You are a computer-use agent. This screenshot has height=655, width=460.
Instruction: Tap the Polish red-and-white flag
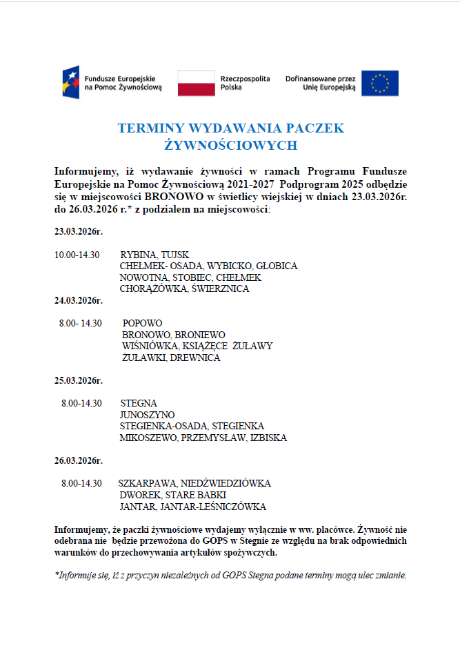pyautogui.click(x=196, y=83)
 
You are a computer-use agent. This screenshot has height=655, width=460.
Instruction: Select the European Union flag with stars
pyautogui.click(x=379, y=83)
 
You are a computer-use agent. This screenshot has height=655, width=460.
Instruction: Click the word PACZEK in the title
pyautogui.click(x=314, y=128)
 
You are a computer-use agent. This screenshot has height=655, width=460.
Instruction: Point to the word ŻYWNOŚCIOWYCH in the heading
pyautogui.click(x=231, y=145)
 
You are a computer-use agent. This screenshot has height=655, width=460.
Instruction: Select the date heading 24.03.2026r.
pyautogui.click(x=79, y=300)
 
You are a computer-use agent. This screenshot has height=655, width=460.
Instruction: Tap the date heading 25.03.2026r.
pyautogui.click(x=79, y=380)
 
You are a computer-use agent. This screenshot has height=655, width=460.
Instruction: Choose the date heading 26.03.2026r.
pyautogui.click(x=79, y=460)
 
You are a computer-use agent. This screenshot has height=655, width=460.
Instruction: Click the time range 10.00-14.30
pyautogui.click(x=77, y=255)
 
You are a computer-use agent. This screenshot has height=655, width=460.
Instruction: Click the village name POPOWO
pyautogui.click(x=142, y=323)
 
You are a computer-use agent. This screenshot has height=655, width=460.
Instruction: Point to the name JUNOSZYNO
pyautogui.click(x=147, y=415)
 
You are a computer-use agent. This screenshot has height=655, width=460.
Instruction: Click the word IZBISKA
pyautogui.click(x=268, y=438)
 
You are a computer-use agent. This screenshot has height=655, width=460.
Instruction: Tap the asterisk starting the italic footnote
pyautogui.click(x=57, y=573)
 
